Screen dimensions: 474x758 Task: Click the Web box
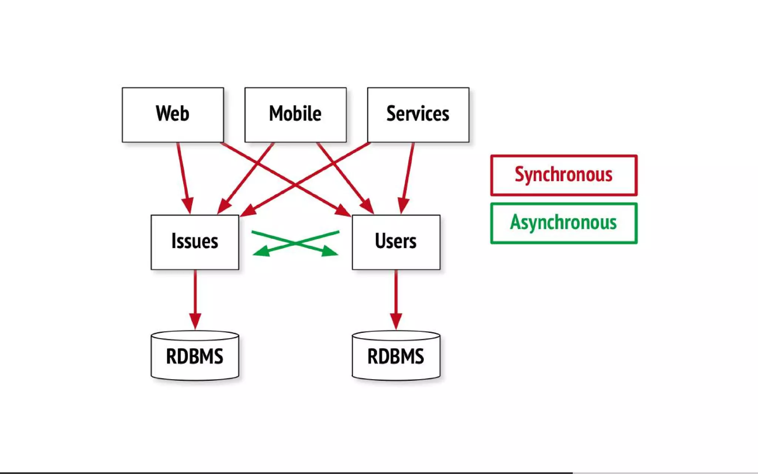coord(173,115)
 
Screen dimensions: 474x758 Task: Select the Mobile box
coord(295,115)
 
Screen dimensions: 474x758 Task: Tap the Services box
coord(418,115)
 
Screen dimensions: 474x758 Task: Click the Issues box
coord(195,242)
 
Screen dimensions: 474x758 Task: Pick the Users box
coord(396,242)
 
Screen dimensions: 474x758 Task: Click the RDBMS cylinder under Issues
coord(195,356)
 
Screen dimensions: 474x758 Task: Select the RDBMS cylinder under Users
coord(396,356)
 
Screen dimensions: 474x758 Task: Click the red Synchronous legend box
coord(564,175)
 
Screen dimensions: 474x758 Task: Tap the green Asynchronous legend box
coord(564,223)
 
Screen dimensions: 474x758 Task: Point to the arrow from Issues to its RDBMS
coord(195,296)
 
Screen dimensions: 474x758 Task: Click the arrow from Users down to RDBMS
coord(396,296)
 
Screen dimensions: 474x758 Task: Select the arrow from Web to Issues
coord(184,174)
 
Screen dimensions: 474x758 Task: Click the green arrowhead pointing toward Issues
coord(261,252)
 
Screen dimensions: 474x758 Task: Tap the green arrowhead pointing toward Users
coord(329,251)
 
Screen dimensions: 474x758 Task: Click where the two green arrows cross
coord(296,243)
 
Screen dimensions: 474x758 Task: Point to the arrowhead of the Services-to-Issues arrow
coord(248,211)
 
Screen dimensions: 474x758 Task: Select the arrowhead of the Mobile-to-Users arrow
coord(368,206)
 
